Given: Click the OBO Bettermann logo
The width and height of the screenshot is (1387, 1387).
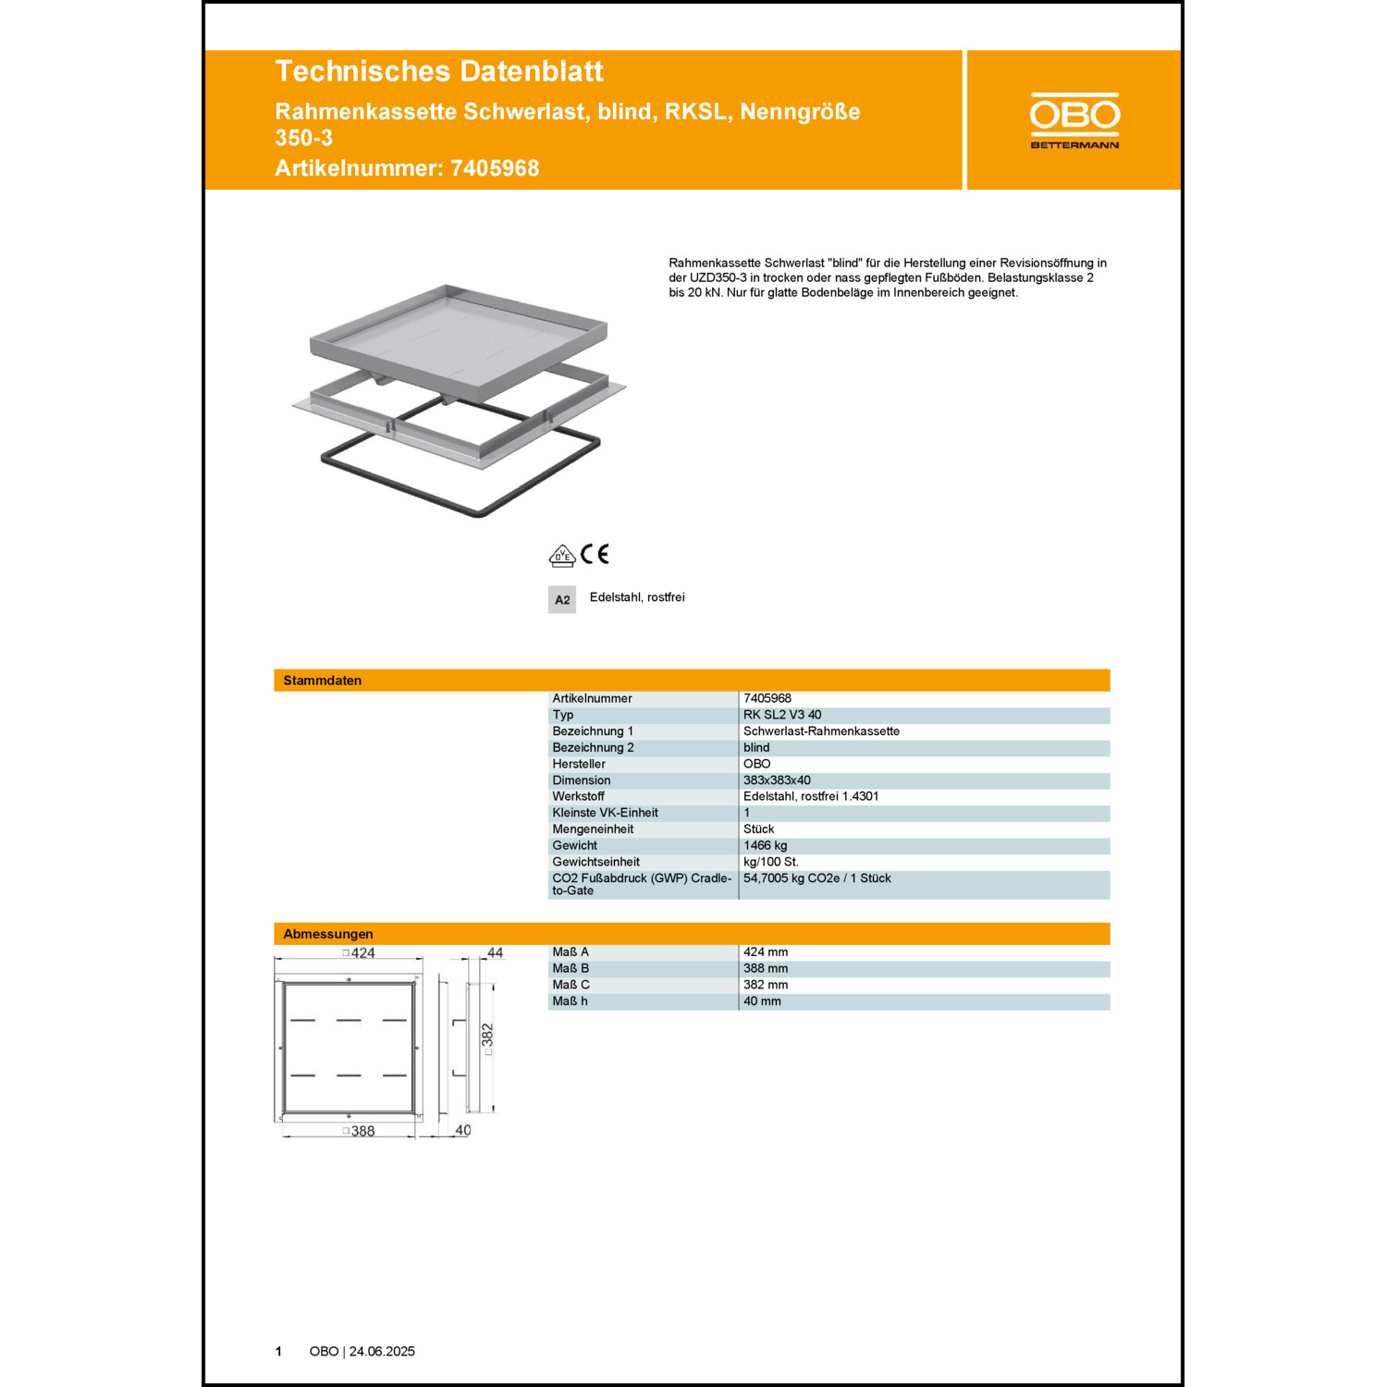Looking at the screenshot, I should [x=1074, y=120].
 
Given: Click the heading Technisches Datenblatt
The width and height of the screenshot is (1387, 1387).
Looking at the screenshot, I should [x=439, y=71].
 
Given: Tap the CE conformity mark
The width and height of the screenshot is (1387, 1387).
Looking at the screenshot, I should [x=595, y=554].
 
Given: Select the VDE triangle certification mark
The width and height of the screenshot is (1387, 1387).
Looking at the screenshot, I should [x=561, y=556].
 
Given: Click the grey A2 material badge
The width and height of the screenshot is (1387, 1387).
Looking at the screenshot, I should [x=562, y=599].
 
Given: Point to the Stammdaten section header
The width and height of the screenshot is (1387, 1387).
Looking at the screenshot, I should [x=323, y=681].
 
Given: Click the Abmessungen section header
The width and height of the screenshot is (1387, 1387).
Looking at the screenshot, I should [x=328, y=934].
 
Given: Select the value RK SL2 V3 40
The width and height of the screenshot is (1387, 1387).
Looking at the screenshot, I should [x=782, y=715].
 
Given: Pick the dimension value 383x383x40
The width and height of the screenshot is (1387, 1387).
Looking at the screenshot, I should [x=777, y=780].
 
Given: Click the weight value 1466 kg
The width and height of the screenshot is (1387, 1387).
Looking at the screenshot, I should [x=766, y=845].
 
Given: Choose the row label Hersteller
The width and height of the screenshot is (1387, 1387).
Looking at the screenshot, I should [x=579, y=764].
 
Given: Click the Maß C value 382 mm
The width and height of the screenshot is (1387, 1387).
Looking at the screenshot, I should [x=766, y=985].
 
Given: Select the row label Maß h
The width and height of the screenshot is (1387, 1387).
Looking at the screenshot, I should [x=570, y=1001].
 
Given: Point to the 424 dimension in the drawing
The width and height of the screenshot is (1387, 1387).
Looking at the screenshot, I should [x=361, y=953].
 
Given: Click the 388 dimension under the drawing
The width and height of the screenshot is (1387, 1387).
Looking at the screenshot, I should [x=361, y=1131].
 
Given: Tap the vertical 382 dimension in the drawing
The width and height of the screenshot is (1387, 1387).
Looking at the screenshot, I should [x=487, y=1036].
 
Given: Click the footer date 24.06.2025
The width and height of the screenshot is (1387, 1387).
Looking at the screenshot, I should [x=382, y=1352].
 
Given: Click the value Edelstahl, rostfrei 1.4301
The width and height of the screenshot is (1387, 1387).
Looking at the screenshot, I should [x=811, y=796].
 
